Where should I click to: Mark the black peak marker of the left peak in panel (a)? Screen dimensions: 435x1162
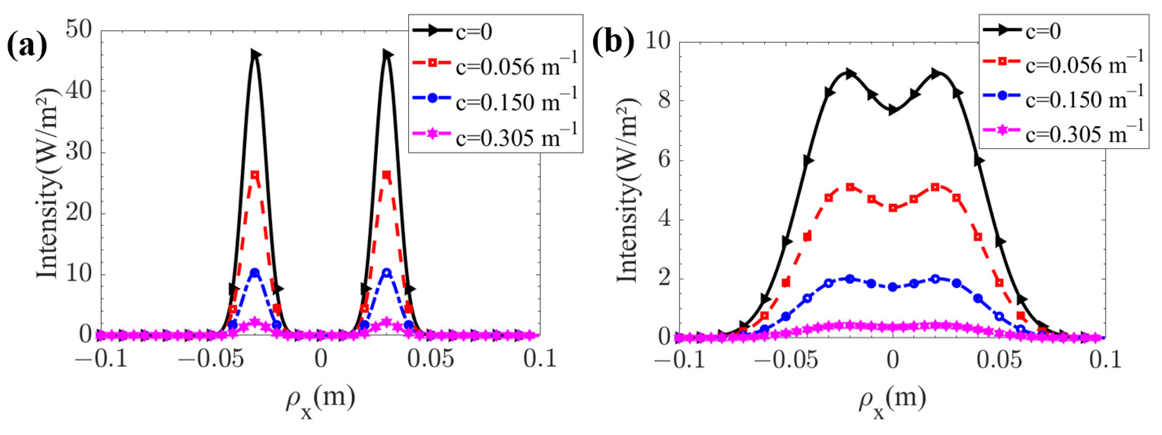[255, 54]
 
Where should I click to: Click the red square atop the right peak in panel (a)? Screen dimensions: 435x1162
[386, 175]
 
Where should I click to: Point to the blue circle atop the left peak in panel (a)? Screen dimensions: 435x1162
[255, 273]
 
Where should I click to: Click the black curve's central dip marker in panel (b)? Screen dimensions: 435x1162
[893, 110]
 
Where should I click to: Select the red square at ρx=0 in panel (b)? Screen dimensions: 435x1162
[893, 208]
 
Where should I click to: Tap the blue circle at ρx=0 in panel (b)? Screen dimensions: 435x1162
[893, 287]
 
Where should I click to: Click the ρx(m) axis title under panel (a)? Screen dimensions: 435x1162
[320, 399]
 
